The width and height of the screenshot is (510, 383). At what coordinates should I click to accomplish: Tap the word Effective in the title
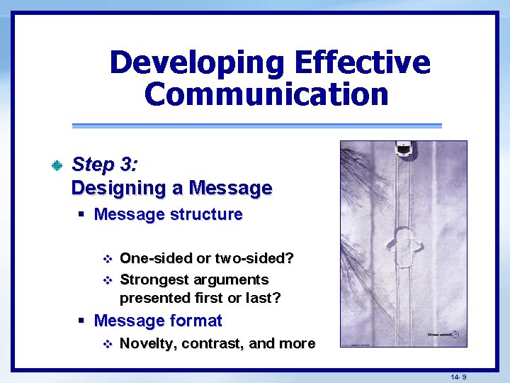tap(362, 62)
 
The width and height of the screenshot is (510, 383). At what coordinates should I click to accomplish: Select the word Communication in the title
tap(266, 94)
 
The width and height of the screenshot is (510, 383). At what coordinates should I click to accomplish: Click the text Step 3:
tap(105, 165)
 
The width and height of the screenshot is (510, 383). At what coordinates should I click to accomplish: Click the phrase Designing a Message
tap(171, 188)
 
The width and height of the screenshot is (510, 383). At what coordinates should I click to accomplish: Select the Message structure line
tap(168, 214)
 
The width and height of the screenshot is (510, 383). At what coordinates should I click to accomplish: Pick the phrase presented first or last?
tap(200, 298)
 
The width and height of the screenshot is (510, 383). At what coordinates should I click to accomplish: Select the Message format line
tap(157, 321)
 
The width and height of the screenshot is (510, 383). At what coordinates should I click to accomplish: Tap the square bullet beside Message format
tap(83, 321)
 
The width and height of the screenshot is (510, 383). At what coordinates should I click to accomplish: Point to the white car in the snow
tap(403, 149)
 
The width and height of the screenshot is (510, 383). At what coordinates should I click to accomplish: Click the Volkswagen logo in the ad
tap(455, 334)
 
